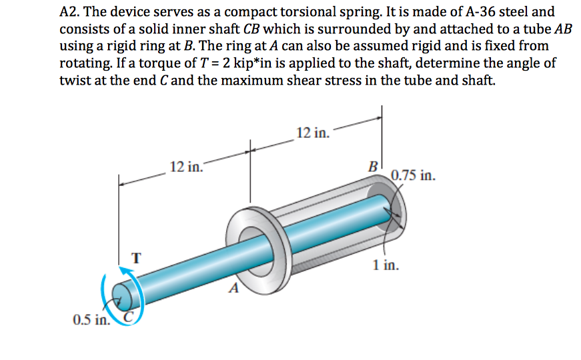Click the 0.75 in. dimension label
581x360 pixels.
(414, 177)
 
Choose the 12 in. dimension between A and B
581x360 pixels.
(312, 132)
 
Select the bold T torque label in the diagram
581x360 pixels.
(136, 257)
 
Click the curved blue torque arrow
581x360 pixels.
(108, 293)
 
